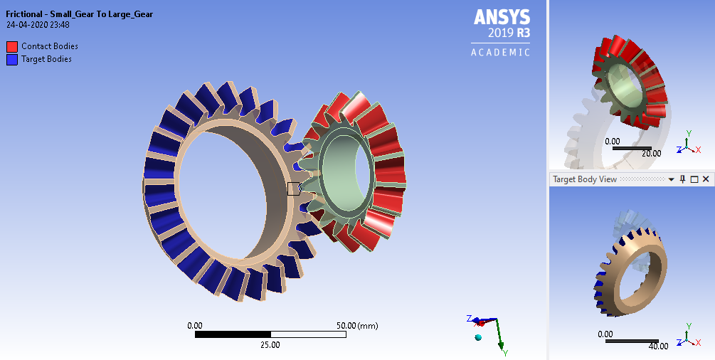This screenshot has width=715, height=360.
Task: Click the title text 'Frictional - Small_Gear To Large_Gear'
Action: [79, 14]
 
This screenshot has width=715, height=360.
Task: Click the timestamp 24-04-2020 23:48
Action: [38, 25]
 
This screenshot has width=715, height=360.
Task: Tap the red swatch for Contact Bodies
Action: [12, 47]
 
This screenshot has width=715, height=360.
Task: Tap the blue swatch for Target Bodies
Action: [12, 60]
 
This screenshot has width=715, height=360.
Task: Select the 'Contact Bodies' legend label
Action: [50, 46]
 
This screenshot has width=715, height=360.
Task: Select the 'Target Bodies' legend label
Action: [46, 59]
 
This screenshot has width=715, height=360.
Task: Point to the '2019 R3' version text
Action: [509, 33]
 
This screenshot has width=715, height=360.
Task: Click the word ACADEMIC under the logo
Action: [501, 52]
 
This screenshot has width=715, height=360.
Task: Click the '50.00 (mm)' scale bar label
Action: [356, 325]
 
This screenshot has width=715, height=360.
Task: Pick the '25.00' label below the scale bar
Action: [270, 345]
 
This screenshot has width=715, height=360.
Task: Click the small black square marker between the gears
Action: [293, 189]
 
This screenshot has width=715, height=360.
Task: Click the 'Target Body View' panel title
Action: [585, 179]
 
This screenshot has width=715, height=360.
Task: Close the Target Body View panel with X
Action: [706, 179]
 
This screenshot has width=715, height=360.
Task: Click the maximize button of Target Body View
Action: [694, 179]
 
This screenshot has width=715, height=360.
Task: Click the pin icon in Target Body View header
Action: [682, 179]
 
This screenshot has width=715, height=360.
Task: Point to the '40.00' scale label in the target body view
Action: [658, 346]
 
